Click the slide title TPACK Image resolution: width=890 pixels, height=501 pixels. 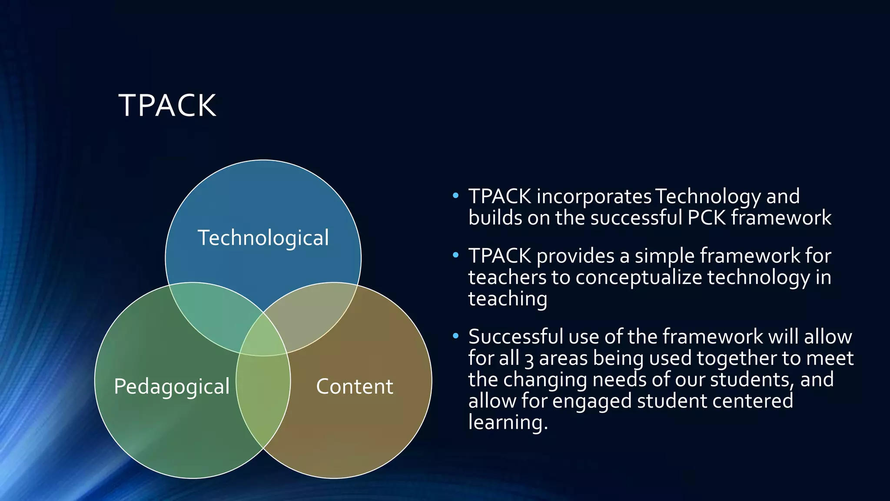tap(167, 106)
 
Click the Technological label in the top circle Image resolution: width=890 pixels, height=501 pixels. tap(263, 238)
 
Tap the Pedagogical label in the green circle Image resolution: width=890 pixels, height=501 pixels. tap(172, 386)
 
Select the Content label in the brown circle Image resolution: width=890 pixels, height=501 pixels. tap(355, 386)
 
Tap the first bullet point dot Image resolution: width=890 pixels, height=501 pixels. tap(455, 196)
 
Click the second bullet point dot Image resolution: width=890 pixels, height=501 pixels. tap(455, 255)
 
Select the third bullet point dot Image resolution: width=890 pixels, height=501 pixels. tap(455, 336)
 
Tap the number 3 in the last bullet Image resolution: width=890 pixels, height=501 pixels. tap(529, 359)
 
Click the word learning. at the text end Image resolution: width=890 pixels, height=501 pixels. tap(508, 422)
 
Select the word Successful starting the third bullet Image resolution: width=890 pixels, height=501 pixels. tap(515, 337)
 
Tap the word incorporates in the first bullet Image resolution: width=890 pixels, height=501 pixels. tap(594, 197)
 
